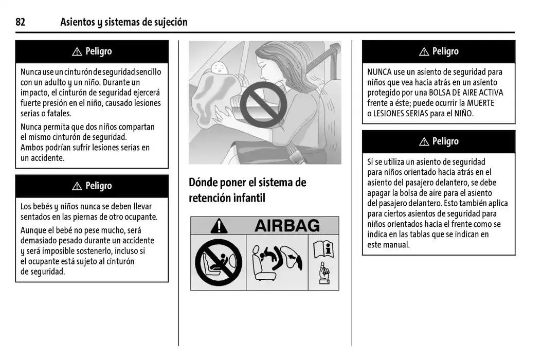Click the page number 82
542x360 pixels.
(20, 22)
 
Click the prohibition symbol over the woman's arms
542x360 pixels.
(263, 104)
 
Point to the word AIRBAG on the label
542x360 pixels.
(287, 226)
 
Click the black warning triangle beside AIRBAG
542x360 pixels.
(219, 226)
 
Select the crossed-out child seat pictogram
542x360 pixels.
(218, 262)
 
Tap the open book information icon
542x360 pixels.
(323, 249)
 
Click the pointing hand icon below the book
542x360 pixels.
(324, 273)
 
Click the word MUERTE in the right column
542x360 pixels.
(480, 103)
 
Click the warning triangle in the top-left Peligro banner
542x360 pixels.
(77, 51)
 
